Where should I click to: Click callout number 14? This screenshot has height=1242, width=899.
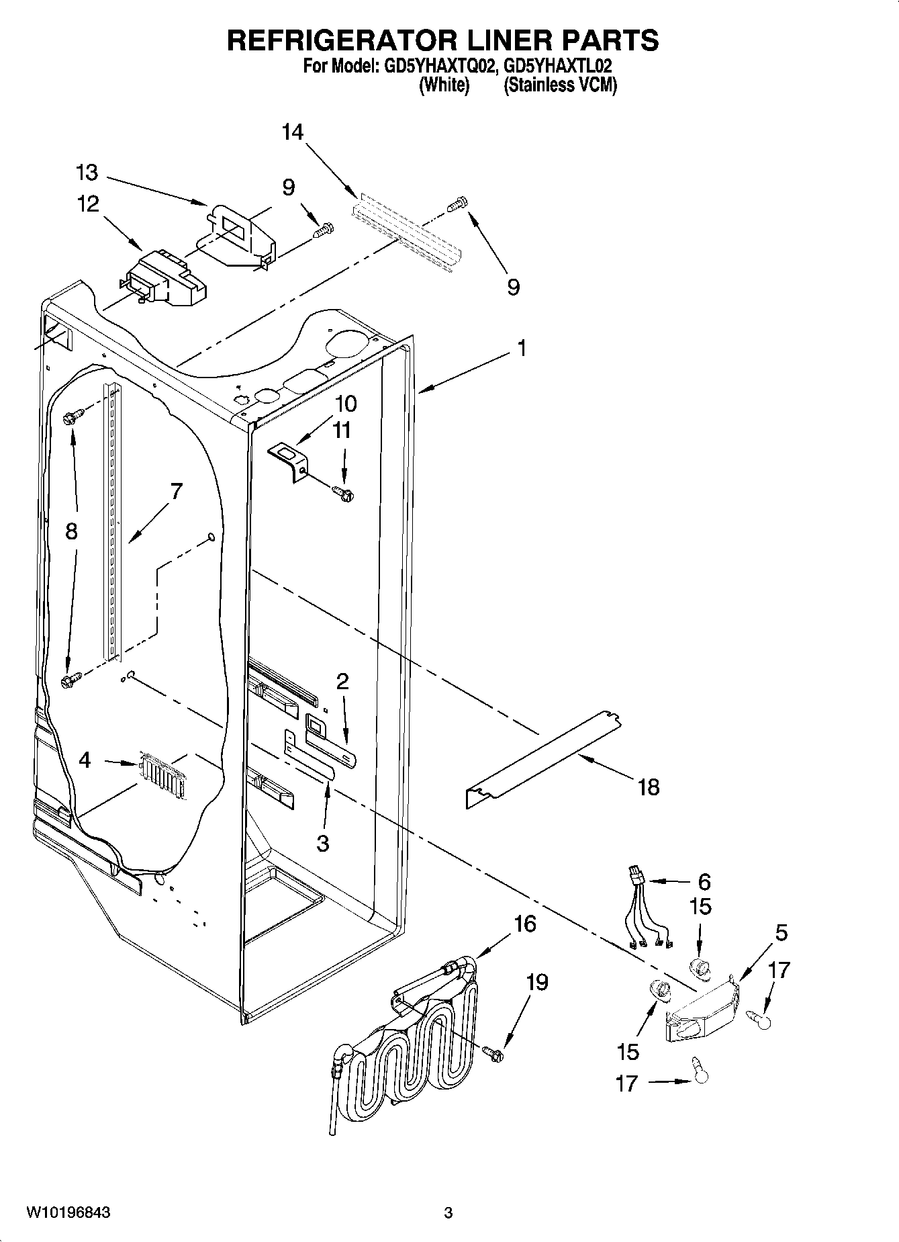292,132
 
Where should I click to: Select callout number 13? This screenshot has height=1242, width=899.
87,173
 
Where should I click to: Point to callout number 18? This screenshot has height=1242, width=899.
649,787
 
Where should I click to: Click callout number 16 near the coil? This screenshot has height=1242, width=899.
525,924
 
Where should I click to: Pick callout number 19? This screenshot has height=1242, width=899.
537,982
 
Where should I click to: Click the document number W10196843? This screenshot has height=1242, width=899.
68,1212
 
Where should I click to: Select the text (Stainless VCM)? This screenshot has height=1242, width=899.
560,85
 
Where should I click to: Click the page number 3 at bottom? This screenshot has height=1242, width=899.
448,1213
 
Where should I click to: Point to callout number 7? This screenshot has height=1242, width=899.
175,491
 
